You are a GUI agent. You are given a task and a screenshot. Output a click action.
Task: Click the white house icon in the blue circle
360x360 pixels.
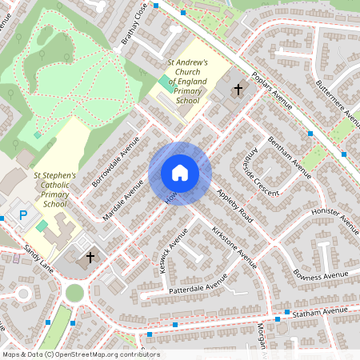(x=180, y=173)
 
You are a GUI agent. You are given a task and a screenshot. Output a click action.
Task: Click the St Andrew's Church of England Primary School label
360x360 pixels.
(x=186, y=82)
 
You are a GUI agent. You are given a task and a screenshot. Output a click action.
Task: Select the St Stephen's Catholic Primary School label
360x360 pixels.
(x=54, y=190)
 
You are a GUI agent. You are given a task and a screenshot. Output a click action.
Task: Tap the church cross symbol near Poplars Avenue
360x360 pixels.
(x=238, y=89)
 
